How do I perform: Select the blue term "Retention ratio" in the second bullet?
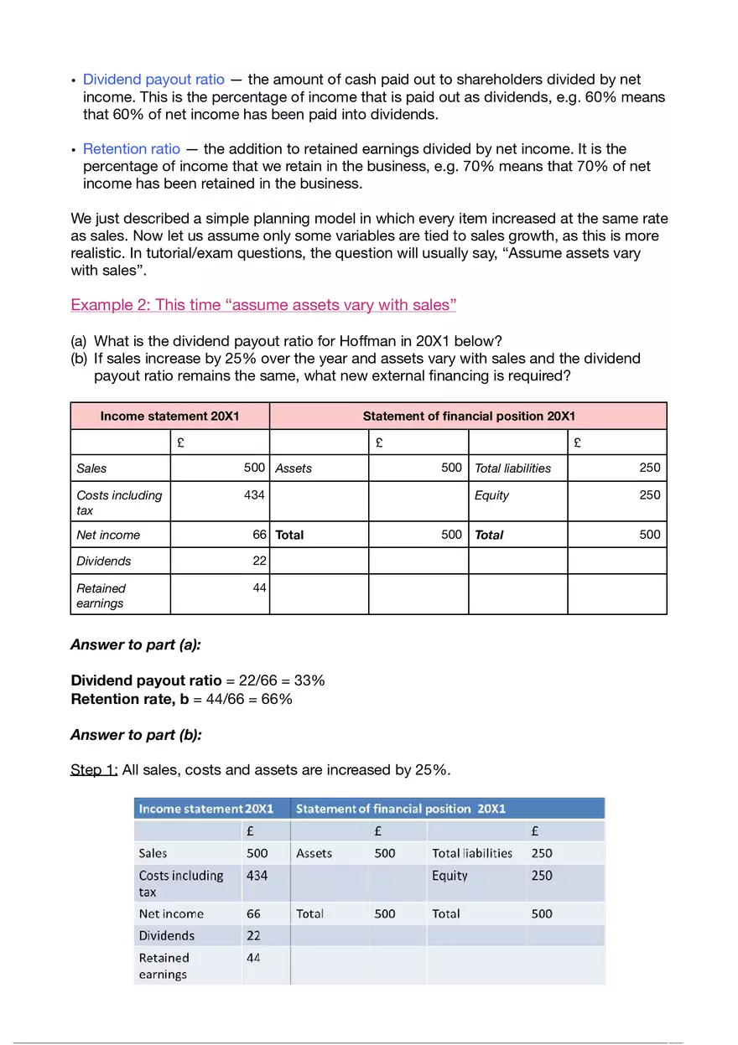pyautogui.click(x=132, y=149)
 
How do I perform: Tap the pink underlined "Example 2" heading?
pyautogui.click(x=263, y=304)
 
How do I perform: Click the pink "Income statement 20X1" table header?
pyautogui.click(x=169, y=416)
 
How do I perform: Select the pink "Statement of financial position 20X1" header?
pyautogui.click(x=469, y=416)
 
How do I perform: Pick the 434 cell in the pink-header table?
pyautogui.click(x=254, y=495)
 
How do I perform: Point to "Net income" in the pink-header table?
pyautogui.click(x=108, y=535)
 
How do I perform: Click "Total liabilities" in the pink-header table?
pyautogui.click(x=512, y=468)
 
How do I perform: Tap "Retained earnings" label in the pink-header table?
pyautogui.click(x=101, y=595)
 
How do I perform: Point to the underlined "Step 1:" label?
pyautogui.click(x=94, y=769)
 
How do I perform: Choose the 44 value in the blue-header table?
pyautogui.click(x=253, y=958)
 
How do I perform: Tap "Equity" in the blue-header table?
pyautogui.click(x=450, y=876)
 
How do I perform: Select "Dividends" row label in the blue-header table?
pyautogui.click(x=166, y=936)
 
